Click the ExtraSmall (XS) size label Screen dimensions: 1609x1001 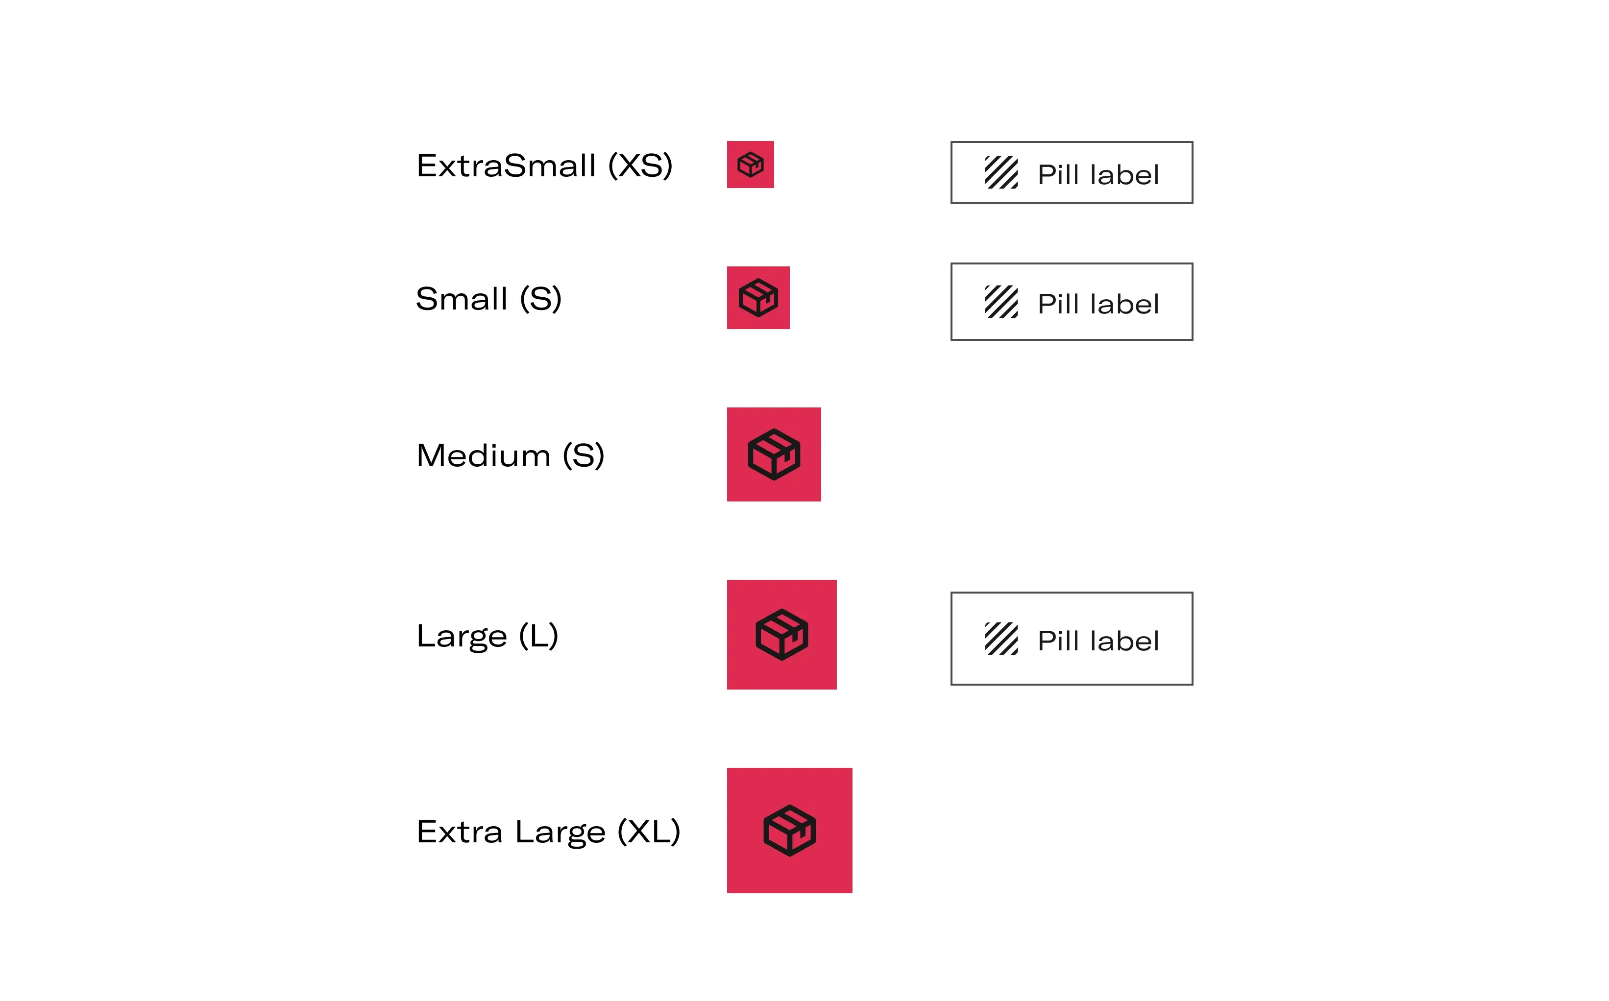[544, 166]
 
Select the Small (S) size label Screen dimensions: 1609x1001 [488, 299]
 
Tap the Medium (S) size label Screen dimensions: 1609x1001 [511, 455]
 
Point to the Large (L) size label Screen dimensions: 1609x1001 [488, 636]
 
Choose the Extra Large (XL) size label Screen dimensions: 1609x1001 [548, 832]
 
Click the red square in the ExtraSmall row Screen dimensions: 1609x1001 [750, 164]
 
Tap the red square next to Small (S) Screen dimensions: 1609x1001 [758, 298]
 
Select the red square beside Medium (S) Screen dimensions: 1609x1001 [774, 454]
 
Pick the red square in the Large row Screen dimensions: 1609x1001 [782, 635]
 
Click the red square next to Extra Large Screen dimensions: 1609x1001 [790, 830]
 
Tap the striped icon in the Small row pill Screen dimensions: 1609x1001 [1001, 302]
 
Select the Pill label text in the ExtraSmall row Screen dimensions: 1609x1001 [1098, 175]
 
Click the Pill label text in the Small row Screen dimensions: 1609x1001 [1098, 304]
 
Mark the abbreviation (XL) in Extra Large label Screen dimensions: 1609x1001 [649, 832]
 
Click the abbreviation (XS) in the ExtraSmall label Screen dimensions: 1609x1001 [640, 166]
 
